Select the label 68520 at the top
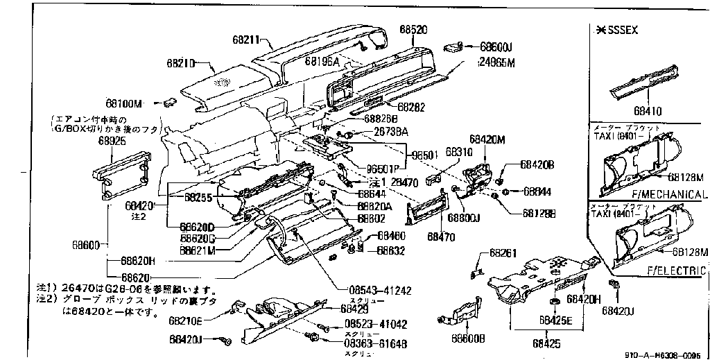pyautogui.click(x=413, y=30)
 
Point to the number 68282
pyautogui.click(x=410, y=107)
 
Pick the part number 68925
pyautogui.click(x=112, y=140)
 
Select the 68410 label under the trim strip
pyautogui.click(x=648, y=110)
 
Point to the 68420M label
pyautogui.click(x=487, y=139)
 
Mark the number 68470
pyautogui.click(x=441, y=237)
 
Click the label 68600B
pyautogui.click(x=468, y=338)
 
